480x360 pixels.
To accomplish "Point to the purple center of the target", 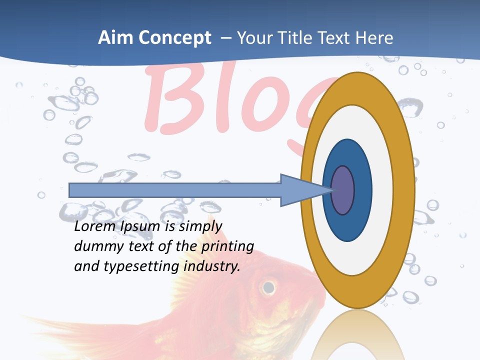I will [343, 190].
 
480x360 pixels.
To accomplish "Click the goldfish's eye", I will [268, 287].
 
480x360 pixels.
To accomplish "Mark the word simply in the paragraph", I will [197, 227].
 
